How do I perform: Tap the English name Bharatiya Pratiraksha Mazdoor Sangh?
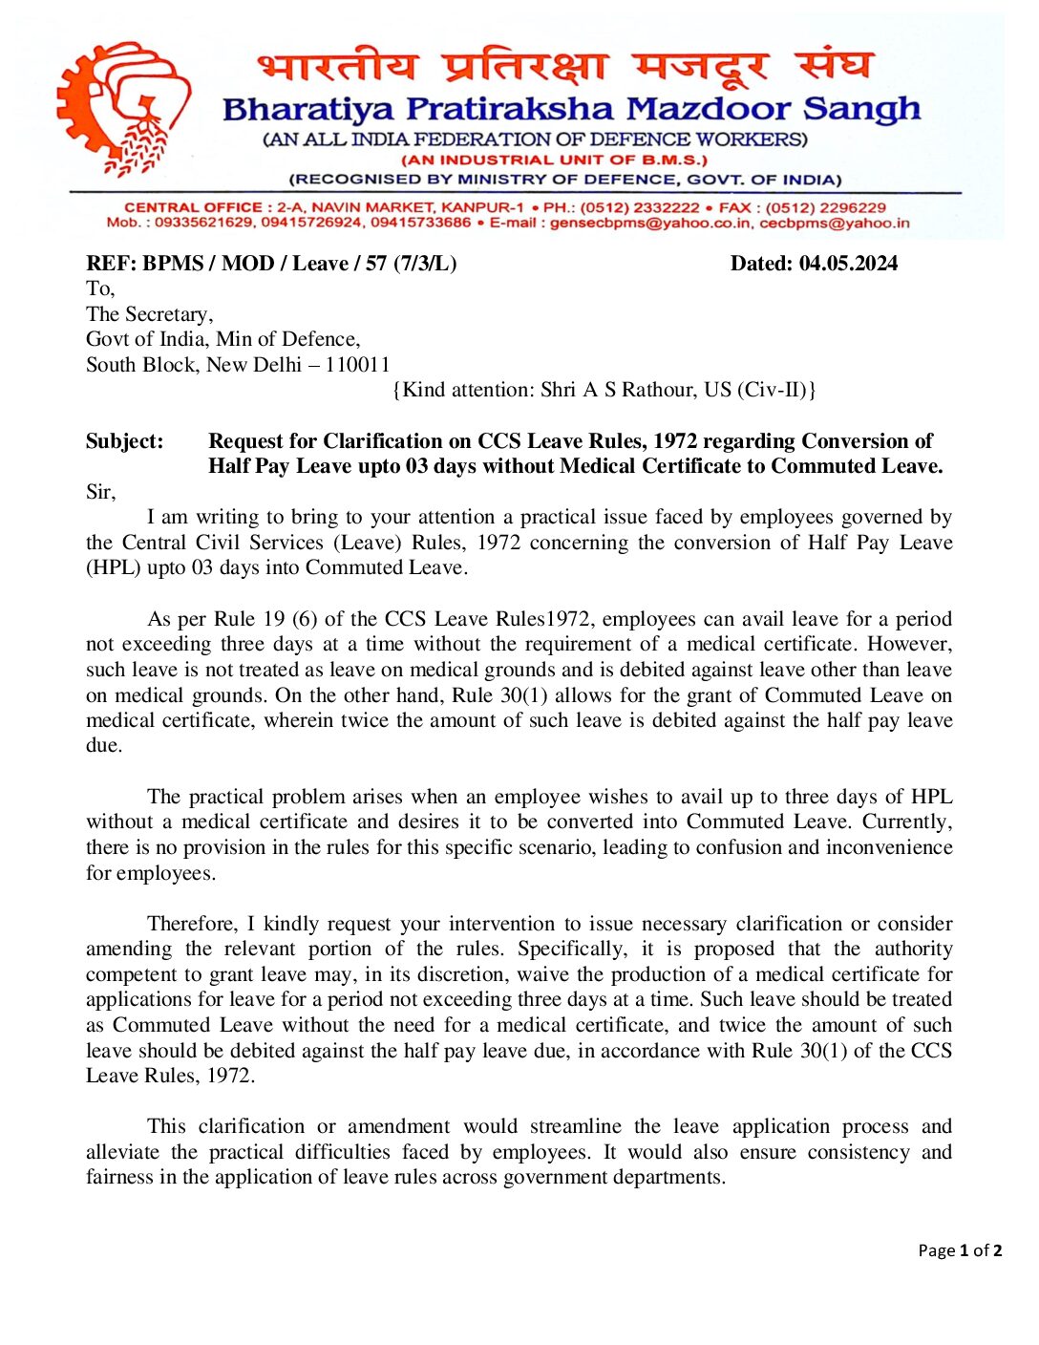point(571,109)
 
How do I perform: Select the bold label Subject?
point(124,441)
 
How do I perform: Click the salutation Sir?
point(100,492)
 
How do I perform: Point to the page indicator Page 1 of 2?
point(960,1250)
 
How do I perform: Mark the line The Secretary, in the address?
point(149,314)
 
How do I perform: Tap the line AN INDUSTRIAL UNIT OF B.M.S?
point(554,160)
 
